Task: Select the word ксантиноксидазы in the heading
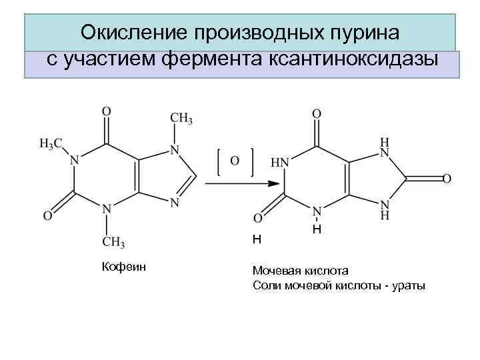click(354, 59)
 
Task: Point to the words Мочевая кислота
click(300, 271)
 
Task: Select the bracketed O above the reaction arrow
click(235, 160)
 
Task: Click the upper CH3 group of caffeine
click(181, 119)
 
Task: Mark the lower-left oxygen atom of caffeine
click(48, 215)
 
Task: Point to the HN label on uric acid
click(279, 163)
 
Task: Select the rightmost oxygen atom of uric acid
click(447, 179)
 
